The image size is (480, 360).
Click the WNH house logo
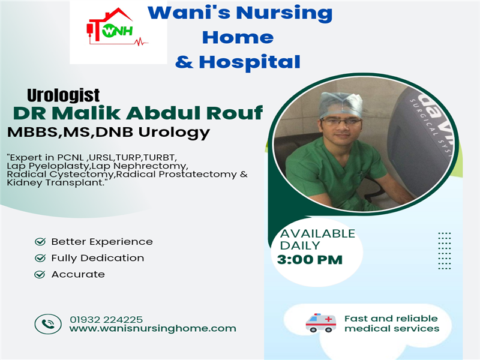(117, 27)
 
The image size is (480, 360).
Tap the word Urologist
(64, 95)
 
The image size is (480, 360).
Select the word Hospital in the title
(250, 62)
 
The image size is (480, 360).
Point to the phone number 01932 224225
(106, 320)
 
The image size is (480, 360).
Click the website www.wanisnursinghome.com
(153, 328)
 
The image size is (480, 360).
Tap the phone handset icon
(48, 324)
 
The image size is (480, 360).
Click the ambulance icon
(320, 323)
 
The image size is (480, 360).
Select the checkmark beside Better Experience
(40, 242)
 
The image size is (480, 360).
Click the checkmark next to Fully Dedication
(40, 258)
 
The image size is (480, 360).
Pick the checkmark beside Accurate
(40, 274)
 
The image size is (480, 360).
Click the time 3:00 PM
(310, 260)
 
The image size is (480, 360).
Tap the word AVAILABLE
(318, 233)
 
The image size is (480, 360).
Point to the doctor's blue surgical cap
(341, 105)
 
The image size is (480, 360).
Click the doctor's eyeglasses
(341, 122)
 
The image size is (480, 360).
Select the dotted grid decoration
(445, 251)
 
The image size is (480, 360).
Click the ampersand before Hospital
(184, 62)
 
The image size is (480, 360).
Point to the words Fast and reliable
(391, 319)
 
